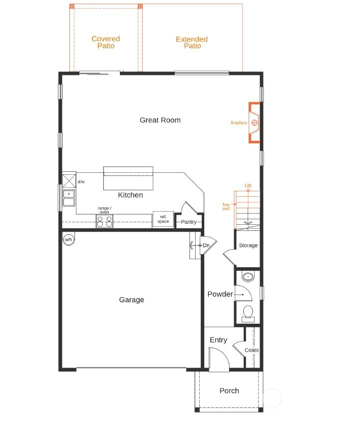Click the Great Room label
(160, 120)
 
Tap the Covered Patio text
(106, 42)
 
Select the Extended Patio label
(192, 42)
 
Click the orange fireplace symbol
(254, 123)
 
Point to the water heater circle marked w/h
(68, 239)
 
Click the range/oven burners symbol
(104, 221)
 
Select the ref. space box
(163, 219)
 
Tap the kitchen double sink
(69, 198)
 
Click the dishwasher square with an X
(69, 181)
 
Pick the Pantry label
(188, 222)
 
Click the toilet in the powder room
(248, 314)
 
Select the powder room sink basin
(248, 277)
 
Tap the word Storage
(248, 245)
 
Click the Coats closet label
(252, 350)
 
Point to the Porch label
(229, 391)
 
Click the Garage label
(132, 300)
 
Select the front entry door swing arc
(224, 353)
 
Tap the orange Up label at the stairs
(248, 185)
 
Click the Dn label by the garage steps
(206, 245)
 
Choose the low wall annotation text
(226, 206)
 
